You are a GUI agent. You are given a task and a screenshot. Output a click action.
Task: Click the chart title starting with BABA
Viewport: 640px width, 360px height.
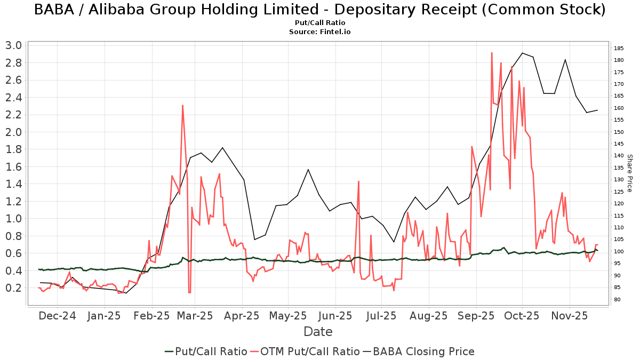pos(320,10)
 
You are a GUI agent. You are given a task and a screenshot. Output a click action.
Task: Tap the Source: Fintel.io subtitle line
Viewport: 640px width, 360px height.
pos(320,31)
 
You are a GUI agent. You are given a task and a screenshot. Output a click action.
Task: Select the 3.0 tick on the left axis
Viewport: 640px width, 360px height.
pos(14,45)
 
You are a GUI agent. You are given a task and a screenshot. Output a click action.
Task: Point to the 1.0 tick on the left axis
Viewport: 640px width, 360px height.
pos(14,219)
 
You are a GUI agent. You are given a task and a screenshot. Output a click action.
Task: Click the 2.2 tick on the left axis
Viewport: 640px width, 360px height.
pos(14,115)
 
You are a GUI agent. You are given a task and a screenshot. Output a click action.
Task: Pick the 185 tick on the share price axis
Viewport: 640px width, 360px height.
pos(619,49)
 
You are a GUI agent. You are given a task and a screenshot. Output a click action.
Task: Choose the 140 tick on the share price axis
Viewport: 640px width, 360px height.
pos(619,156)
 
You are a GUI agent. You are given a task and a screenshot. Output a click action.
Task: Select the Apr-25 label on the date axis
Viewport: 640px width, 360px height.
pos(242,316)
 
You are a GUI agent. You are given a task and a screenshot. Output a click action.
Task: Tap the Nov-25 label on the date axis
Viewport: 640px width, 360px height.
pos(569,316)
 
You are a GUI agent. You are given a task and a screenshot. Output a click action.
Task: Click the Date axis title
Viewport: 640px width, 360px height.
pos(318,332)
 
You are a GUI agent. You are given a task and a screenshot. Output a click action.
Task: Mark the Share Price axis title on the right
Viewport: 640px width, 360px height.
pos(629,173)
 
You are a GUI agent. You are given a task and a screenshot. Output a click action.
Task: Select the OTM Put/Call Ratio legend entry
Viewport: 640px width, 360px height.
pos(305,351)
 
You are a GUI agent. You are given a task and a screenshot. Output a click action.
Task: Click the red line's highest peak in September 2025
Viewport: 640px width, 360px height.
pos(491,53)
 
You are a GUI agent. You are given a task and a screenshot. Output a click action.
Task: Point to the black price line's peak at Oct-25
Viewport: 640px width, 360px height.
pos(522,53)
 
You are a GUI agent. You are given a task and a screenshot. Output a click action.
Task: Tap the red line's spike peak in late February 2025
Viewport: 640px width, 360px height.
pos(182,105)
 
